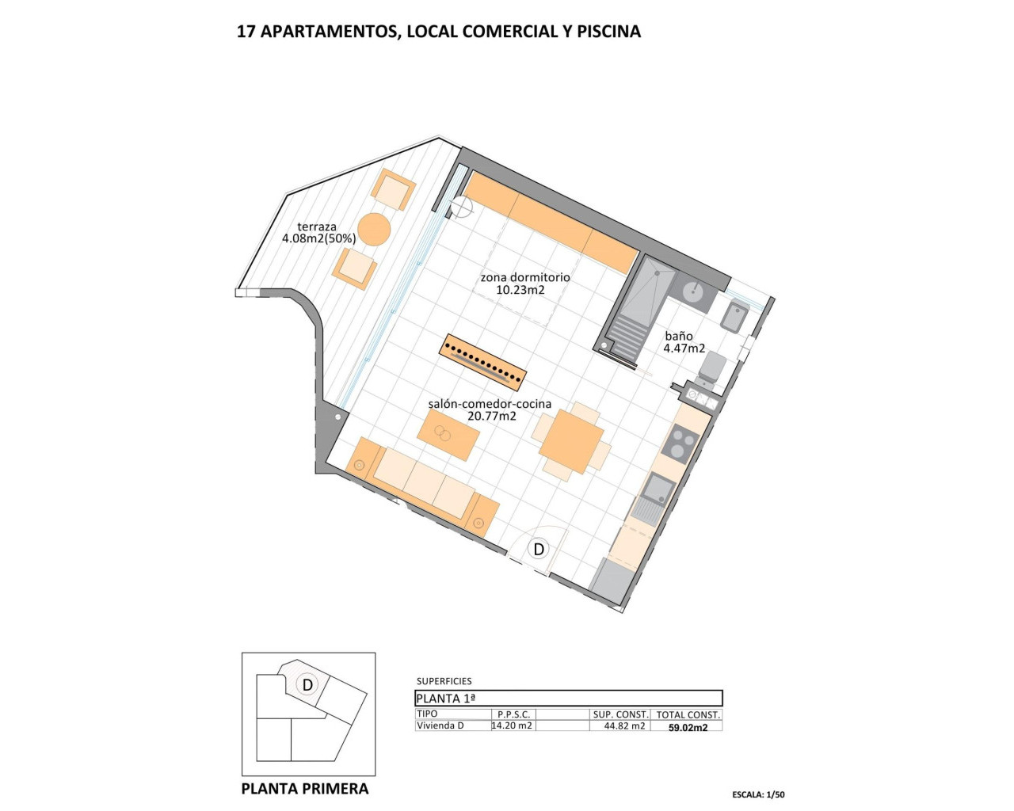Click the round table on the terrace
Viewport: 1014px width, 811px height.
(374, 230)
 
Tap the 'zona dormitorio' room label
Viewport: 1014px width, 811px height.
(524, 278)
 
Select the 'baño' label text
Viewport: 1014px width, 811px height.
(679, 337)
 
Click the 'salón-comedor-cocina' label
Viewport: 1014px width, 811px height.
(490, 404)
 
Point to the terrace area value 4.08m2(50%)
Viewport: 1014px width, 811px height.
(318, 238)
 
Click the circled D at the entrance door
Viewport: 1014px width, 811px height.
(539, 549)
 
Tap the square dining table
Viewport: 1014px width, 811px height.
(570, 443)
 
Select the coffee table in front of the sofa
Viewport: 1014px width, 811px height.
(448, 436)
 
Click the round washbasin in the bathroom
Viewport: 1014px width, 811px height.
(692, 291)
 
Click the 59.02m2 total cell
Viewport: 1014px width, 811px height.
(688, 727)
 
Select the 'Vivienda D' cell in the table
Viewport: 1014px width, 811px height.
(440, 725)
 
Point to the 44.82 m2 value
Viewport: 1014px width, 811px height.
(624, 725)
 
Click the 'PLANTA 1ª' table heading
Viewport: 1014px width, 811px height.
(446, 699)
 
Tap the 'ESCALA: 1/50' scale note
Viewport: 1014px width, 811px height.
(758, 794)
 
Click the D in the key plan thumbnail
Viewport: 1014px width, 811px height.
(308, 684)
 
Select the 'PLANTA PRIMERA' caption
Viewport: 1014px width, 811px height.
(304, 789)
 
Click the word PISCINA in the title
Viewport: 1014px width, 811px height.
(608, 32)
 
